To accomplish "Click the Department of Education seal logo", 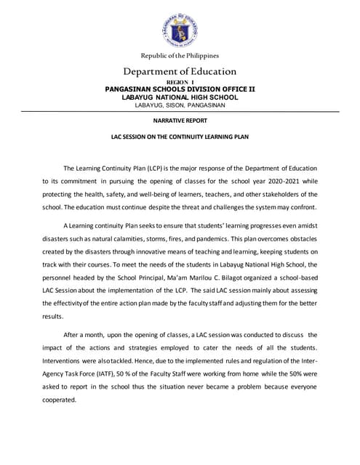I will coord(180,26).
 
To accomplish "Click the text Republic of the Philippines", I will coord(180,55).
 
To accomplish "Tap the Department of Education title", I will coord(180,71).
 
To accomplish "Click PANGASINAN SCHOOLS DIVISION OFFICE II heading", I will coord(180,89).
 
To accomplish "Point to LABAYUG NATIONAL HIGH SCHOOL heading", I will coord(180,97).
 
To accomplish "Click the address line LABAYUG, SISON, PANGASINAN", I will coord(180,105).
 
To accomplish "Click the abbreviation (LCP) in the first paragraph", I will coord(153,166).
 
